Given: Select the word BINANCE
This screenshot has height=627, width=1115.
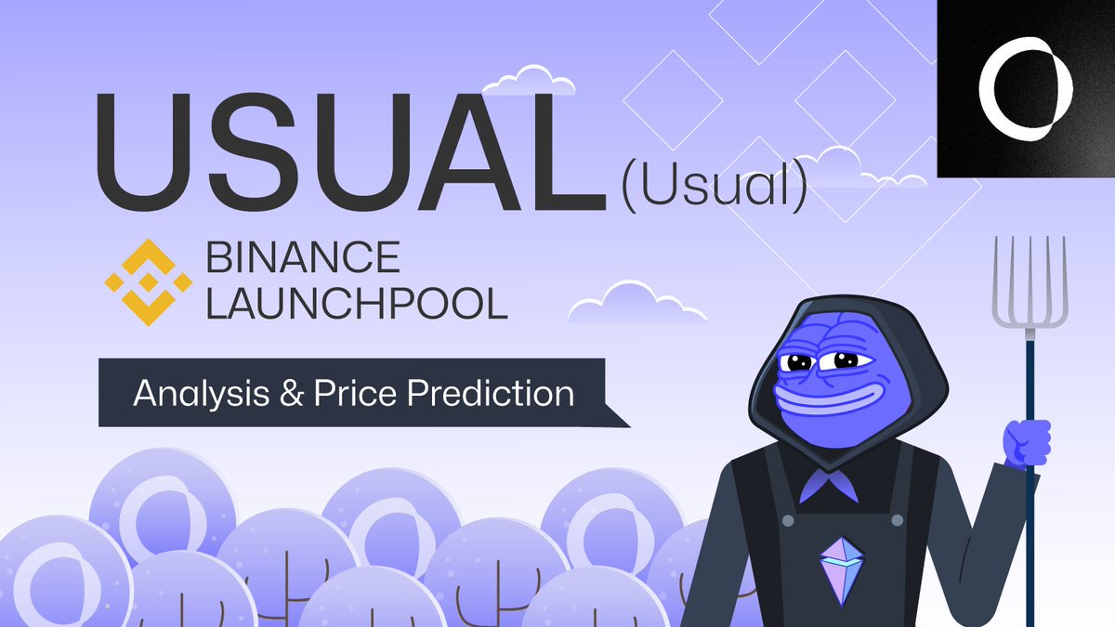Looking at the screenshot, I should point(302,258).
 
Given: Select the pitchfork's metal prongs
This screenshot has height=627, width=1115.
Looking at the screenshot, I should point(1030,279).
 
